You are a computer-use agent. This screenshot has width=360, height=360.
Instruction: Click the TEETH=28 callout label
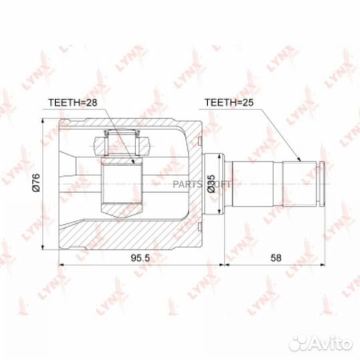[73, 103]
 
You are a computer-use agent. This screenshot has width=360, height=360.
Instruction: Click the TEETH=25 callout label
[229, 103]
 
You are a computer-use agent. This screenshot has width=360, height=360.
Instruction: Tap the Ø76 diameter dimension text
[36, 183]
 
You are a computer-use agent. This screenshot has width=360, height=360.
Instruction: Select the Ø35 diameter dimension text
[211, 184]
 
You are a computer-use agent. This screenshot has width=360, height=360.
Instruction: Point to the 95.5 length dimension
[140, 258]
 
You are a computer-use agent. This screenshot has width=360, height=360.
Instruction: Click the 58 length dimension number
[275, 258]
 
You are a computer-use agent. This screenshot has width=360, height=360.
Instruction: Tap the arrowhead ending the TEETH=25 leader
[299, 159]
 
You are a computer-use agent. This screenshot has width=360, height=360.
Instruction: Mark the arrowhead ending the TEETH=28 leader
[133, 161]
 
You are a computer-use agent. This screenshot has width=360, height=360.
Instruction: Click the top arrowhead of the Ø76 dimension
[43, 121]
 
